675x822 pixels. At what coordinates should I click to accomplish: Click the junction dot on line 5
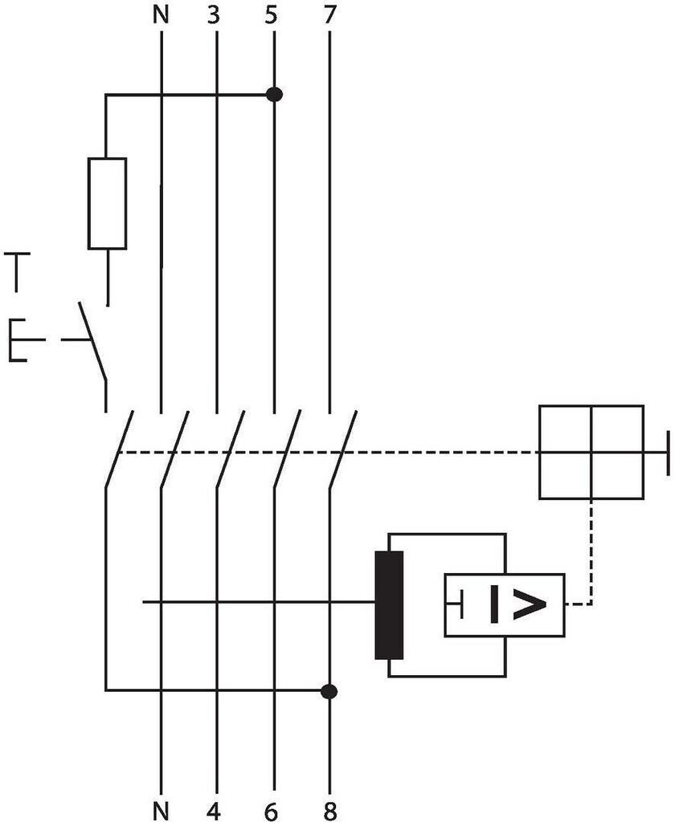tap(274, 95)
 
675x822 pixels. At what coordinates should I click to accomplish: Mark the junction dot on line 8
tap(328, 690)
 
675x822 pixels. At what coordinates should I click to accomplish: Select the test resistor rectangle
tap(107, 203)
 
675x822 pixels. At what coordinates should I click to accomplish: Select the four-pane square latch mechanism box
tap(591, 453)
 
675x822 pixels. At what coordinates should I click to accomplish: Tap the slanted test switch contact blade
tap(93, 340)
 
